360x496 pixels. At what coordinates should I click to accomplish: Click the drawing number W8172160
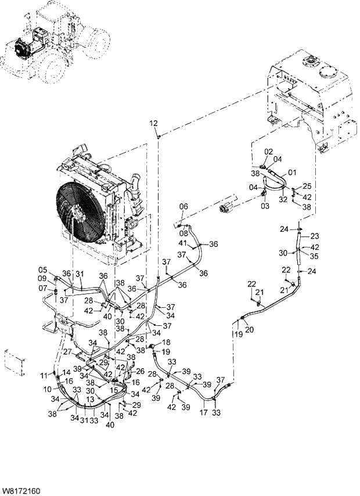21,491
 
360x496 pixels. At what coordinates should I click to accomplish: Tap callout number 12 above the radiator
153,123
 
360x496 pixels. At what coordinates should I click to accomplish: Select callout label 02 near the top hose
269,152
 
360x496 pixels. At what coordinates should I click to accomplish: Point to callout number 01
292,172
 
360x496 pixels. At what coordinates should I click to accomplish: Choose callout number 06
183,207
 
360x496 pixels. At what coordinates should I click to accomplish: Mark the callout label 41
182,242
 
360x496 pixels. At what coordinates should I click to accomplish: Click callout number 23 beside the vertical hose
314,236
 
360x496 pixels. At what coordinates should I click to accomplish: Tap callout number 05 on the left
42,269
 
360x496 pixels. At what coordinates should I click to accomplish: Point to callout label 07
42,288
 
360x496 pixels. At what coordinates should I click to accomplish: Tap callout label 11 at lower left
42,377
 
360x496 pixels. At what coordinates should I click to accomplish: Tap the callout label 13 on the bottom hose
90,400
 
